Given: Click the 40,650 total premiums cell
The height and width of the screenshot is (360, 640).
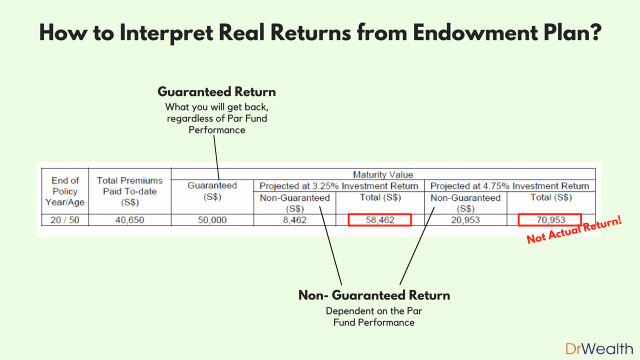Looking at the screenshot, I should tap(130, 220).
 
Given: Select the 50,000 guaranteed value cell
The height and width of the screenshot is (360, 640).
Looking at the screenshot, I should tap(212, 220).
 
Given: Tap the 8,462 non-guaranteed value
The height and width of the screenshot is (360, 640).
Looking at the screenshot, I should tap(294, 220).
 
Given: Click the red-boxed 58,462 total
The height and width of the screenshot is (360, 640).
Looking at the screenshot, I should tap(380, 220).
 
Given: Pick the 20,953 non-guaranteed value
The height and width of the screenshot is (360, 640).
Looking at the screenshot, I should tap(465, 220).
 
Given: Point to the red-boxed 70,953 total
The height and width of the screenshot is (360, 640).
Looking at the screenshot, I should tap(549, 220).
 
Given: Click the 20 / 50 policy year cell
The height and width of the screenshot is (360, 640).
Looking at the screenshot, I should tap(65, 220).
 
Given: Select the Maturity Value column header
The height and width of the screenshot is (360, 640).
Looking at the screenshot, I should tap(383, 174).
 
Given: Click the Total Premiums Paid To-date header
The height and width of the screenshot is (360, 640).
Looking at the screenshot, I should tap(130, 191).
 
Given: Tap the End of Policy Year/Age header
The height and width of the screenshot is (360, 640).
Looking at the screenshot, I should tap(65, 191).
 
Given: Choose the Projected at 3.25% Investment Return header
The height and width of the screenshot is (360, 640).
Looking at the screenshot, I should tap(338, 186).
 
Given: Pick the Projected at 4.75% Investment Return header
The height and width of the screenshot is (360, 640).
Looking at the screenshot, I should tap(509, 186).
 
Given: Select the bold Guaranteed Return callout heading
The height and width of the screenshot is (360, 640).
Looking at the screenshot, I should tap(216, 92).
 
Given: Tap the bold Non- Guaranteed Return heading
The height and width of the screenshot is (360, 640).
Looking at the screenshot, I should tap(374, 295).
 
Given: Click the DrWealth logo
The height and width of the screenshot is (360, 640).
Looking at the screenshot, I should tap(599, 348).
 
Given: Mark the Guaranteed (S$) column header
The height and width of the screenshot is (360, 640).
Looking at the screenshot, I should tap(212, 190).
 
